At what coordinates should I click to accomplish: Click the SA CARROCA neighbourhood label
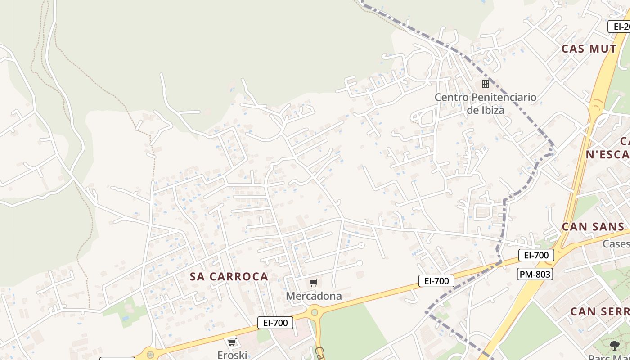229,276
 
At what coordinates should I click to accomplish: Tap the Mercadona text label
314,296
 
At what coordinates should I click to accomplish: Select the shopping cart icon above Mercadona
314,283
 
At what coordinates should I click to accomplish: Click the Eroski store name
232,355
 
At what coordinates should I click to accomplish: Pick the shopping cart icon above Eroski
232,342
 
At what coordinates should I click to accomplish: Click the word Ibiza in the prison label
492,110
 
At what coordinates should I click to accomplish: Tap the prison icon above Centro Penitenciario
485,84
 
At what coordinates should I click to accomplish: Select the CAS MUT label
589,49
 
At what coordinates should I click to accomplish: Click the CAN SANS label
593,226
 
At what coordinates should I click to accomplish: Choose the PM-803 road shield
535,274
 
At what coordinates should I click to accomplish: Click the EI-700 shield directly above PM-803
536,255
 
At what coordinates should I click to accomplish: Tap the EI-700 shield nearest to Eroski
275,322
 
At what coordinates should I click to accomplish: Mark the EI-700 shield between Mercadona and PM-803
436,281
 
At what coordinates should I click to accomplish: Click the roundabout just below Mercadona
314,312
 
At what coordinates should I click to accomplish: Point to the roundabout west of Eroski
150,355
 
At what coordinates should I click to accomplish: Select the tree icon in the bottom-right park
614,346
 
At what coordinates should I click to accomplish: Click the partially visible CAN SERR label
599,311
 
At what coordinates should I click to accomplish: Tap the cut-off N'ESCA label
607,154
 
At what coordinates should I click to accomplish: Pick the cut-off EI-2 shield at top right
620,27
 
